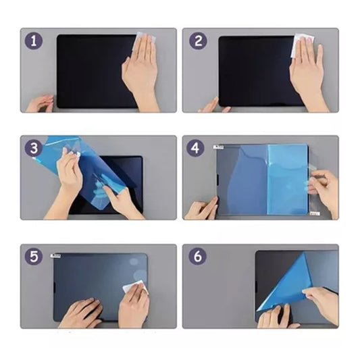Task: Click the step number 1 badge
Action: (34, 41)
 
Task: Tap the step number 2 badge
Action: (198, 41)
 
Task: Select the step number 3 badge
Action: (34, 148)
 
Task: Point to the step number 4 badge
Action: (195, 148)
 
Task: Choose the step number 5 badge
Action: (34, 256)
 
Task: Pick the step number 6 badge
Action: (197, 256)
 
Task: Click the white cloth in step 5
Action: (135, 287)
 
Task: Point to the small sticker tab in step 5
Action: (55, 255)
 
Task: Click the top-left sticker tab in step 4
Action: (218, 147)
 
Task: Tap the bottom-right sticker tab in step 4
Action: (315, 213)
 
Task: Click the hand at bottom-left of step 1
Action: (39, 103)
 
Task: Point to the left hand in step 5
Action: (81, 312)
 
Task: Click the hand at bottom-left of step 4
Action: (201, 209)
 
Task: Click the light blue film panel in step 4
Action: (288, 178)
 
